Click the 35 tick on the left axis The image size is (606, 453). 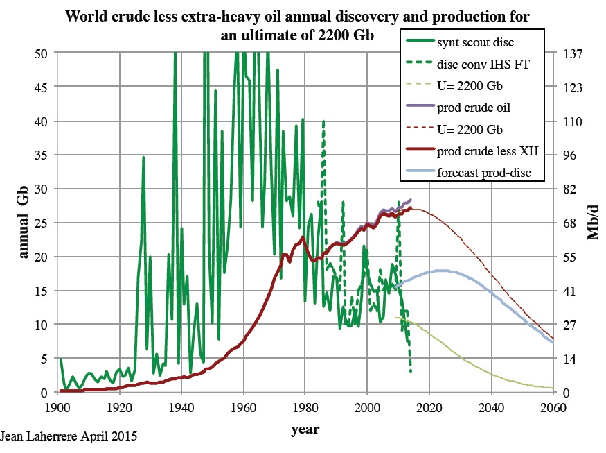tap(42, 155)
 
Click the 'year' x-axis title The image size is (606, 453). tap(305, 429)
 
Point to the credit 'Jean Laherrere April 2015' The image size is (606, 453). tap(69, 437)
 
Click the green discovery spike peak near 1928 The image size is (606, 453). tap(143, 157)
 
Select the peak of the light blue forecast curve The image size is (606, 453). tap(440, 271)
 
